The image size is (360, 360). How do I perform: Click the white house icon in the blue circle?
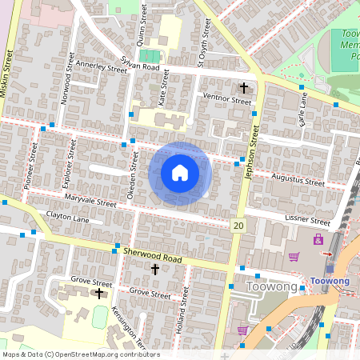[x=180, y=172]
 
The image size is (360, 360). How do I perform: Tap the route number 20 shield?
[x=238, y=226]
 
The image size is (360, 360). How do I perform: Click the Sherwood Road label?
[x=153, y=255]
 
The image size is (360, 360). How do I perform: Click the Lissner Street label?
[x=308, y=219]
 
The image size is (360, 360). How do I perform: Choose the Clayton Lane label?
[x=68, y=217]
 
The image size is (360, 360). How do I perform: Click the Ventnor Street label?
[x=227, y=100]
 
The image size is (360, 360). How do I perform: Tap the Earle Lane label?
[x=302, y=107]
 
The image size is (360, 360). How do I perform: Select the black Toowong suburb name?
[x=272, y=286]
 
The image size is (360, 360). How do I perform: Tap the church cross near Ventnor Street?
[x=243, y=86]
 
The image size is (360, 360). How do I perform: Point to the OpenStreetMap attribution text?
[x=80, y=354]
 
